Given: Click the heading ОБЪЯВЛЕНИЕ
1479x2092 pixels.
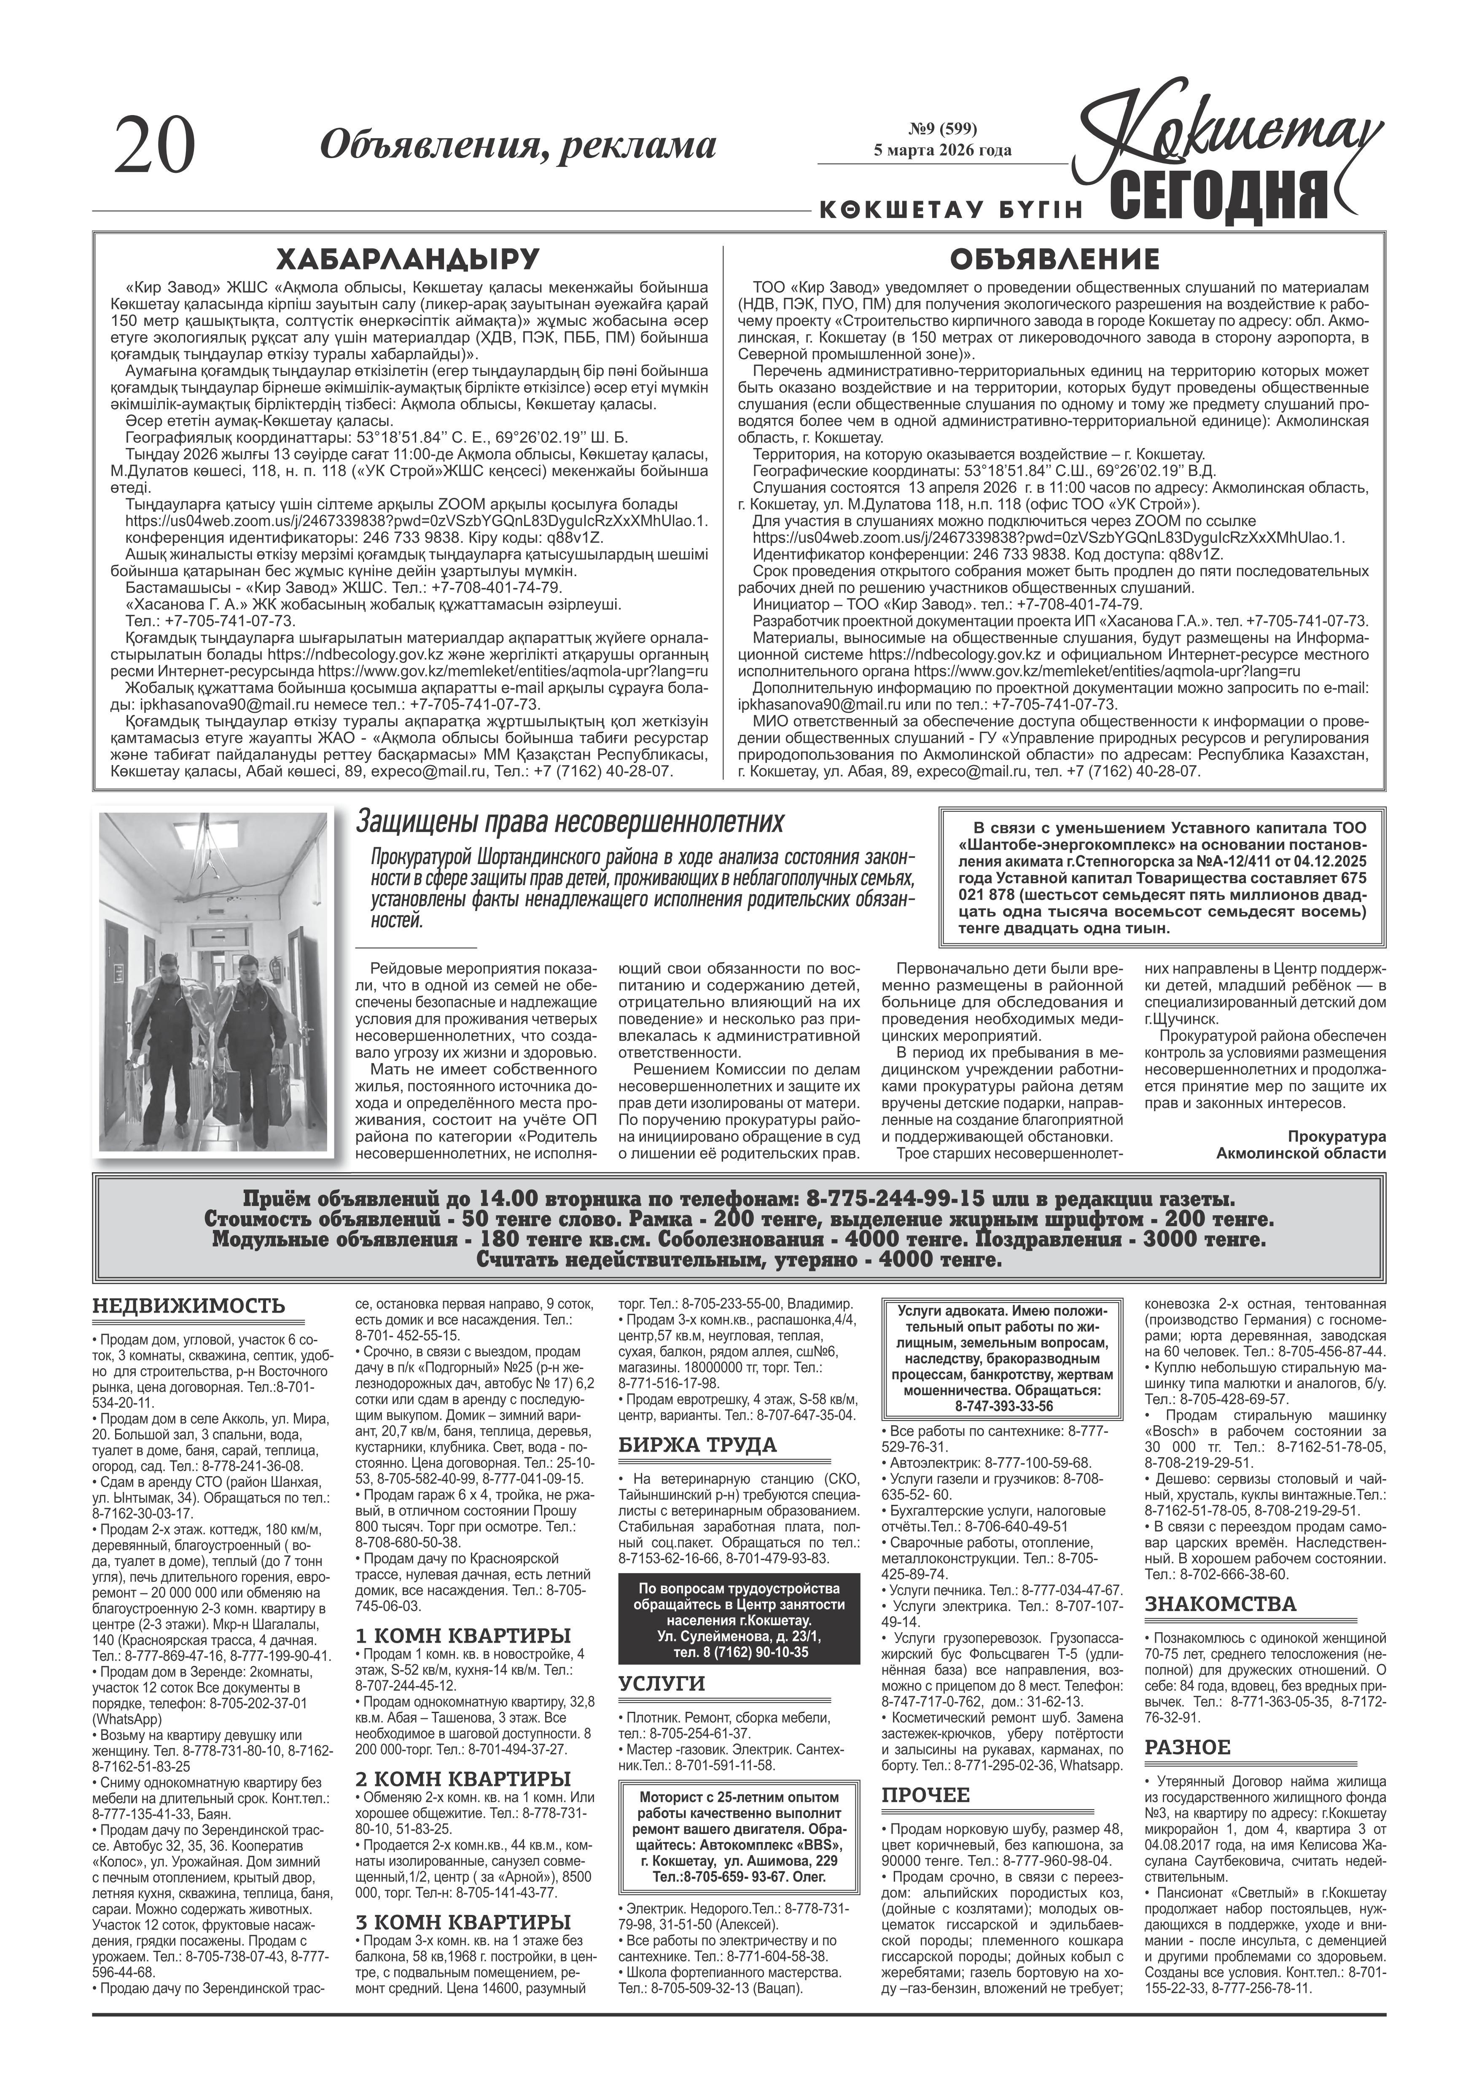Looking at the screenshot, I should click(x=1054, y=259).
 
